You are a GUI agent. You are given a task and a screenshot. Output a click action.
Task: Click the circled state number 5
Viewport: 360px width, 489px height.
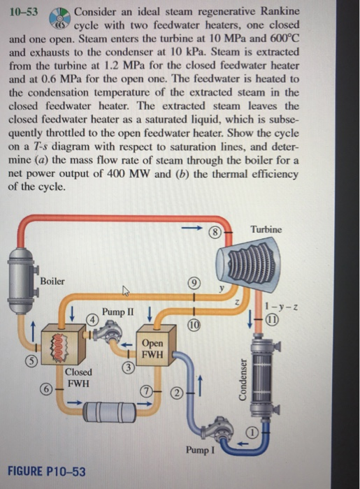[12, 360]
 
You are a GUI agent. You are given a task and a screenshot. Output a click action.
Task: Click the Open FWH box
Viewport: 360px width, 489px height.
[152, 349]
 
